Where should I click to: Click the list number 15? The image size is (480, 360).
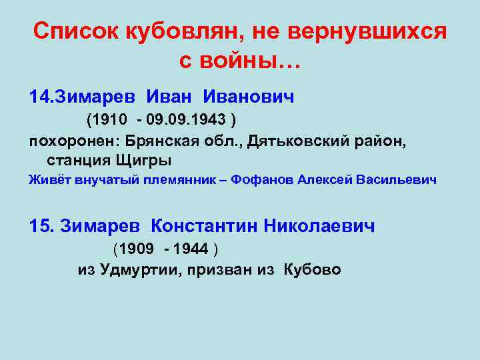pos(41,226)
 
